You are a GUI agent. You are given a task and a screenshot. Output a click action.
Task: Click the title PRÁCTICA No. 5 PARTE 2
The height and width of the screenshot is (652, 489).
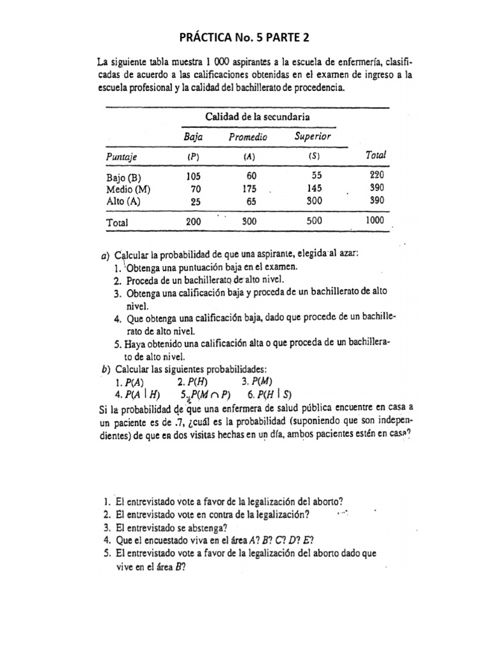[244, 38]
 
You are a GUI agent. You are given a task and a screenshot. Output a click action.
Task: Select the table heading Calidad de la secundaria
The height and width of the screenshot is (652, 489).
[257, 116]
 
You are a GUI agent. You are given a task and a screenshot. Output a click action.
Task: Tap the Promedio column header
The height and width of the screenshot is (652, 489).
[248, 137]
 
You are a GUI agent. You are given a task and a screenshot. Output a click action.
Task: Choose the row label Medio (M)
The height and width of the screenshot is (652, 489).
[126, 188]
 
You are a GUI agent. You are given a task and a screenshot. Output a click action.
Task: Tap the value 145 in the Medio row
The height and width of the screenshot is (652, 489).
[313, 188]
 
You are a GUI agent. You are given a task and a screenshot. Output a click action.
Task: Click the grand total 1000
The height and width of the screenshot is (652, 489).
[376, 222]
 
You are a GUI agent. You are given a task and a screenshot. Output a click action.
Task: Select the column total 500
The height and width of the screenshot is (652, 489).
[314, 222]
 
